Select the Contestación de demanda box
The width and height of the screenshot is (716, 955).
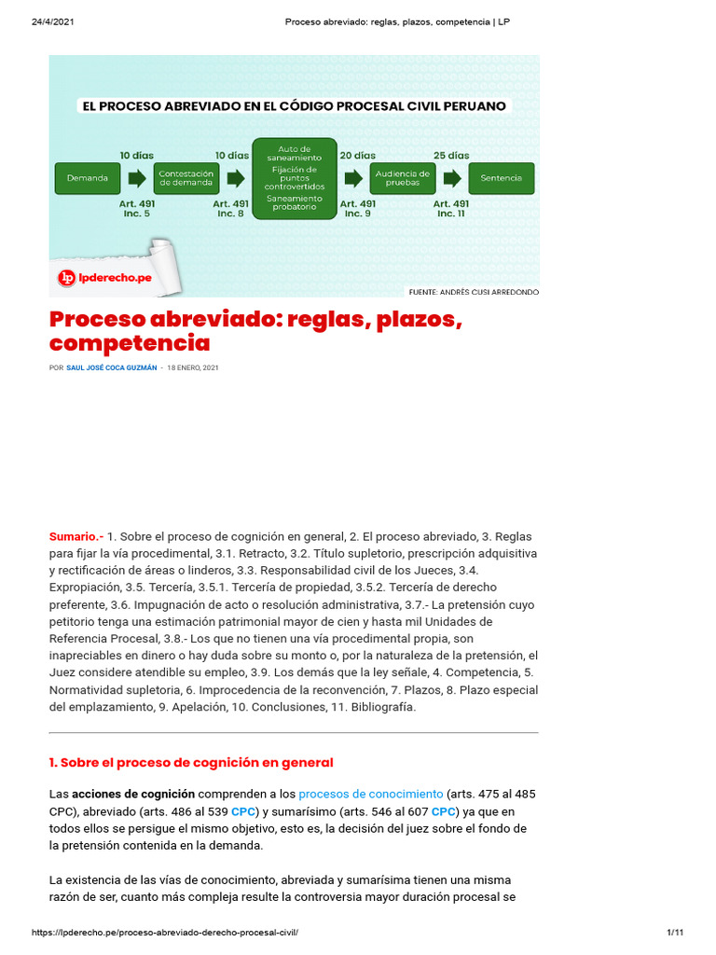186,177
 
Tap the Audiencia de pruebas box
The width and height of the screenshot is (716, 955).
402,177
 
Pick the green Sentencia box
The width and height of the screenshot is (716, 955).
502,177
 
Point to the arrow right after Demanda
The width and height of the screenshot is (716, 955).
136,177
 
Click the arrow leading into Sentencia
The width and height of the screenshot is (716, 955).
452,177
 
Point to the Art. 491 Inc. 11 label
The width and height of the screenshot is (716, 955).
451,208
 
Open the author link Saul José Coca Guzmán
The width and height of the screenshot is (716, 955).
111,367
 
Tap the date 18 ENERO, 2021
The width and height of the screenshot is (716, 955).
193,367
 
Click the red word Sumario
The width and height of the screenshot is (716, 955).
76,537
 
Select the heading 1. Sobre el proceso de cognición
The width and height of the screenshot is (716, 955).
191,762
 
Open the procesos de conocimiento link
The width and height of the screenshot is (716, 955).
371,794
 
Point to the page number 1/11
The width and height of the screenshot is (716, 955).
676,933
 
